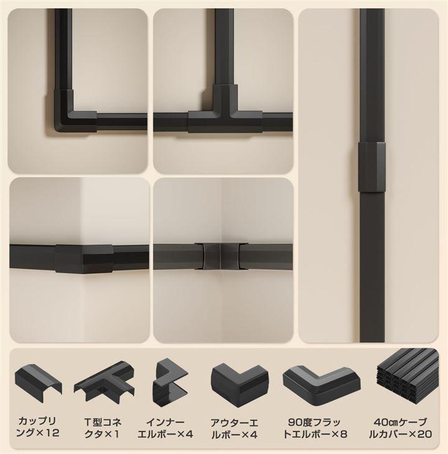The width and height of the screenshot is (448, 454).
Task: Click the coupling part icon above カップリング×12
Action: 38,382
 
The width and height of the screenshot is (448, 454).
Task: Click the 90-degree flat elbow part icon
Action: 322,381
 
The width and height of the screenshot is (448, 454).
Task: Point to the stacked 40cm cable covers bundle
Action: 408,376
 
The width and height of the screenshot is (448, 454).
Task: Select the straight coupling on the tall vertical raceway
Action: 372,167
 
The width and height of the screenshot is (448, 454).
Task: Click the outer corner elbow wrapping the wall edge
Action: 84,259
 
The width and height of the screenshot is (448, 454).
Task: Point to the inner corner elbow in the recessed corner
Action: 221,256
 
